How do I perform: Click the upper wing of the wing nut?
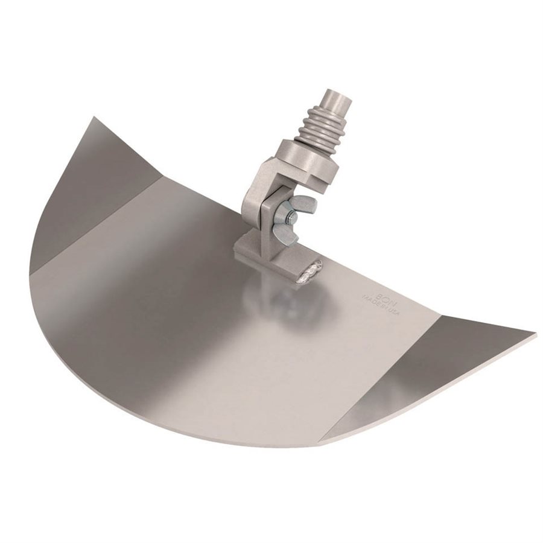click(303, 205)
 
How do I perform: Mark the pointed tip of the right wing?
click(535, 334)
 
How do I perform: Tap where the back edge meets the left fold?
click(162, 178)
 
